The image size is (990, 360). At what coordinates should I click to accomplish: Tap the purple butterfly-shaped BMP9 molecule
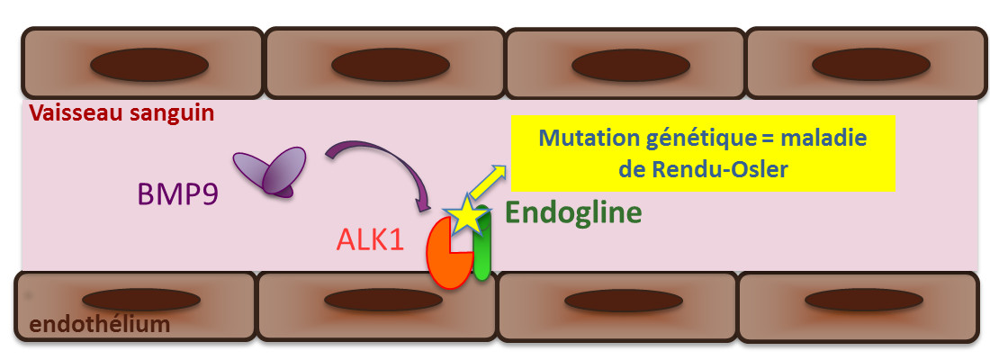(x=269, y=170)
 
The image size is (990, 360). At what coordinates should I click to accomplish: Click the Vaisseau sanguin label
(x=121, y=114)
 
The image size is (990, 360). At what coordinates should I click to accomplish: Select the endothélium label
(x=99, y=324)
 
